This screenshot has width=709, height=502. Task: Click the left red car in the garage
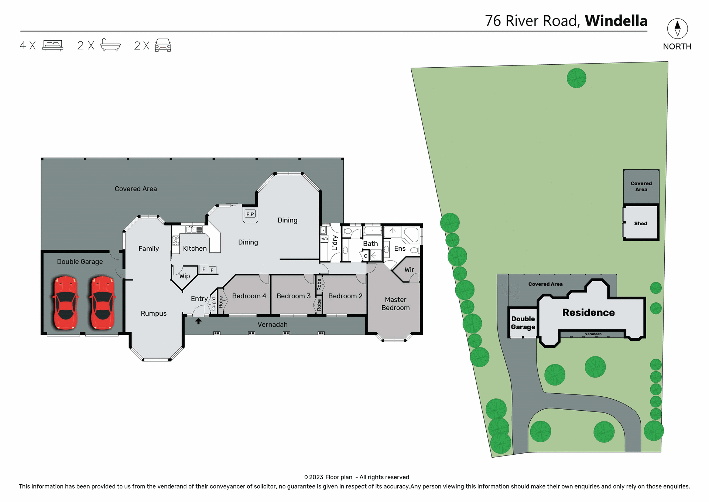(x=66, y=302)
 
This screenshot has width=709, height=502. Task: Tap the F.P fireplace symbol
(x=250, y=214)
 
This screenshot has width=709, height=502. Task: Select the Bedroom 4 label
(x=249, y=296)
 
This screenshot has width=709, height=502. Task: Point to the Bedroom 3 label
(x=293, y=296)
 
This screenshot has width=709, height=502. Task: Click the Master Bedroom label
(x=395, y=303)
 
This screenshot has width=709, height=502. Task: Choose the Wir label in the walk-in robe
(x=409, y=270)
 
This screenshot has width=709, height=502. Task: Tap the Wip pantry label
(x=184, y=276)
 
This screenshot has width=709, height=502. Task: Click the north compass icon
(x=677, y=28)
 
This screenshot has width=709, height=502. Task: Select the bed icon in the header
(x=53, y=45)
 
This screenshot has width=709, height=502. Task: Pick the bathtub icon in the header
(x=110, y=45)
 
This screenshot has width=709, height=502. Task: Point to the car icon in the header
(x=163, y=45)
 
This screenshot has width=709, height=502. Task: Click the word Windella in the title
(x=616, y=21)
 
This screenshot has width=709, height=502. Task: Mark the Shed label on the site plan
(x=640, y=224)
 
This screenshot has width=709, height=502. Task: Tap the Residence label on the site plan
(x=588, y=313)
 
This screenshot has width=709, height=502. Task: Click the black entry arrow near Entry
(x=198, y=321)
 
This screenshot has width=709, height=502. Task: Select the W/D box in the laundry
(x=324, y=239)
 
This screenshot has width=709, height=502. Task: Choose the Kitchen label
(x=195, y=249)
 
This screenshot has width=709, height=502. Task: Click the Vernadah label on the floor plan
(x=272, y=325)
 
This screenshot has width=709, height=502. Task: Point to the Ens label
(x=400, y=249)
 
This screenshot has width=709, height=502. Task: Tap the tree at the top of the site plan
(x=576, y=78)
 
